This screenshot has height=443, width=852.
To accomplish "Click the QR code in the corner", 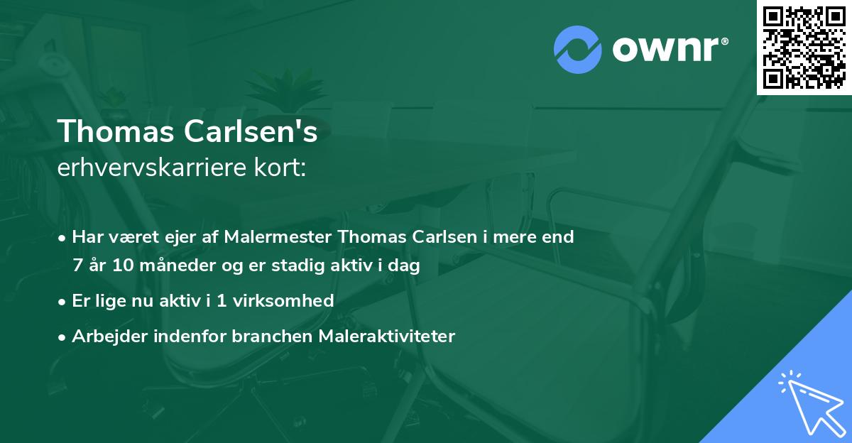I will click(804, 48).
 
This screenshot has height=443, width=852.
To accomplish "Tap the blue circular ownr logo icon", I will click(577, 49).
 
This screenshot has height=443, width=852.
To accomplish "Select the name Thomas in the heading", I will click(114, 132).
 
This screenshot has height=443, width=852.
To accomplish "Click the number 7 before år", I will click(77, 266).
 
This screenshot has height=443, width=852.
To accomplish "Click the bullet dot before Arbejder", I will click(64, 337).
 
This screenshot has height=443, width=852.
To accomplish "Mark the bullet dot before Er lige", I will click(64, 302).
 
